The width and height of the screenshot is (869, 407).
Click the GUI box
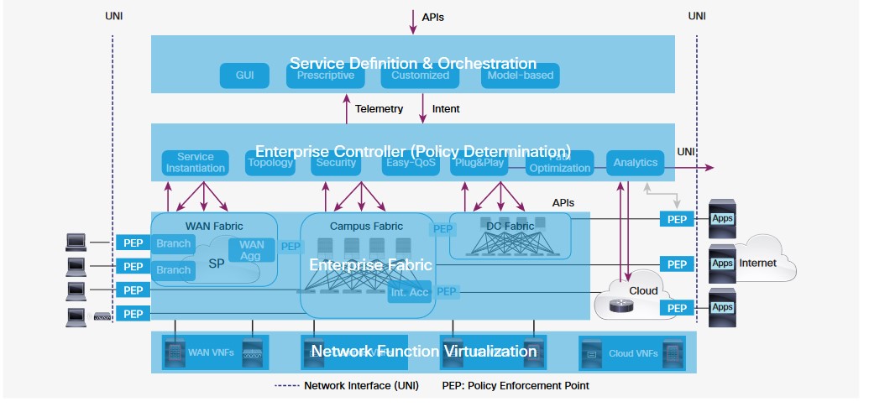[244, 76]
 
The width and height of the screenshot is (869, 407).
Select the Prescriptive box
[326, 76]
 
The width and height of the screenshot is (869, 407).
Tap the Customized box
[421, 76]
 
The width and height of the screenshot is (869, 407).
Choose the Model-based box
[518, 76]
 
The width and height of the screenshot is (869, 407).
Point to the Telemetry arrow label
[379, 109]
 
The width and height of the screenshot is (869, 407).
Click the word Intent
[446, 109]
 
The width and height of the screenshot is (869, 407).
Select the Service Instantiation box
[196, 163]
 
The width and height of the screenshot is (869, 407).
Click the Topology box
[270, 163]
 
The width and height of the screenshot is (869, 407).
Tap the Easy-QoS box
[411, 164]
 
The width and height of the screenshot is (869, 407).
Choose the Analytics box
[635, 163]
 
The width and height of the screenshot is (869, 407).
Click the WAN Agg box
[252, 250]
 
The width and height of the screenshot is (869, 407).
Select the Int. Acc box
[410, 292]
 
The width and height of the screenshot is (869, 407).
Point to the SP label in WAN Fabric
[217, 264]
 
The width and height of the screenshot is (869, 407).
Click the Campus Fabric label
[366, 226]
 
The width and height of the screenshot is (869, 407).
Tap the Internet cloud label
[757, 264]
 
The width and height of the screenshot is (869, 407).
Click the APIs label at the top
[433, 17]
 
